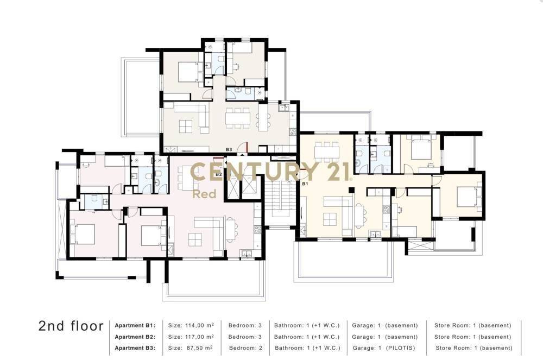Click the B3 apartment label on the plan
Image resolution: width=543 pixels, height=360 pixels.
(229, 149)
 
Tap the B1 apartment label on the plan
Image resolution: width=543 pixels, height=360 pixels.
(305, 184)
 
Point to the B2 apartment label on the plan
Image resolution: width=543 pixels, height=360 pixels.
(218, 174)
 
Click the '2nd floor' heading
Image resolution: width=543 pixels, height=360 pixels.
(71, 326)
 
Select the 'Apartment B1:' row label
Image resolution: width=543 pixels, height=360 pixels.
(135, 325)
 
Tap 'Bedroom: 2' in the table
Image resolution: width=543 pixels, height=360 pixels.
(246, 348)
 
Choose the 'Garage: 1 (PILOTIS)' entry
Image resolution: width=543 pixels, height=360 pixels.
(384, 348)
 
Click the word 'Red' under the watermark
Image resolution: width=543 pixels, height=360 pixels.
(204, 194)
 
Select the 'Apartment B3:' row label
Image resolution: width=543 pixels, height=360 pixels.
(135, 348)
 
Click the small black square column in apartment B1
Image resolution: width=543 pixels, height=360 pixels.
(351, 190)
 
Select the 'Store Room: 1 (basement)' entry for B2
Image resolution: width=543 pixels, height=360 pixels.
(473, 337)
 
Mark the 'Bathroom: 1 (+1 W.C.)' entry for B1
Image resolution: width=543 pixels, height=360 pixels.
(307, 325)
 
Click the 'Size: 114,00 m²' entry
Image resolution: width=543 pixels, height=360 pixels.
(191, 325)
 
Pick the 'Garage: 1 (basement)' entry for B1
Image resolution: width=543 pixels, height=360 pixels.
(385, 325)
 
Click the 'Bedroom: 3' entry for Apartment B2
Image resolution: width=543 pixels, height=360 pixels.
(245, 337)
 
